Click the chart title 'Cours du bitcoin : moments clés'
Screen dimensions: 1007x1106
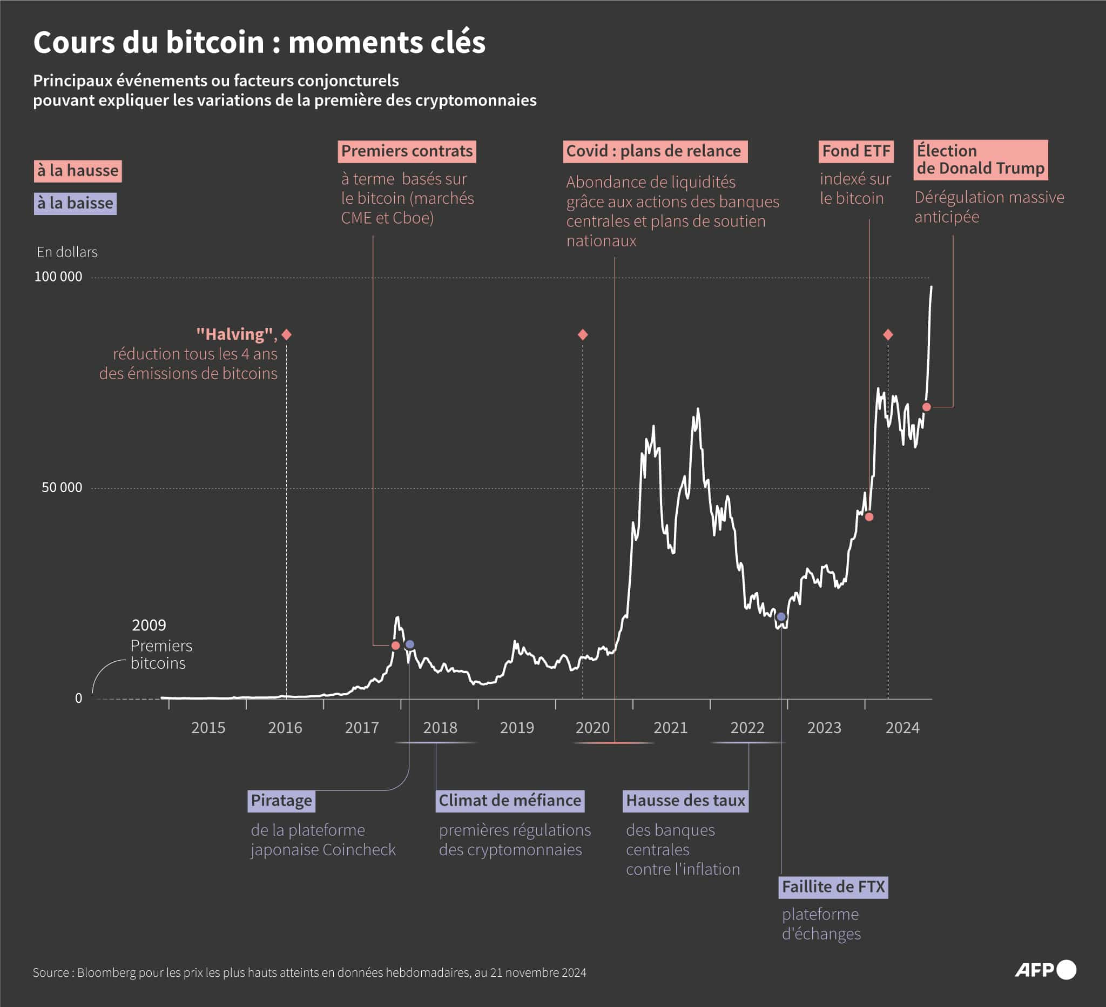[259, 42]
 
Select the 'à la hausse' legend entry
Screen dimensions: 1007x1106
[77, 171]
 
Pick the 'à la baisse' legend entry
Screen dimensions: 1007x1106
[75, 203]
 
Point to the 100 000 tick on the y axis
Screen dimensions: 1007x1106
[58, 277]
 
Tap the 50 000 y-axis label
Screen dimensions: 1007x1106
[62, 487]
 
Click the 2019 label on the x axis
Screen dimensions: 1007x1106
[516, 728]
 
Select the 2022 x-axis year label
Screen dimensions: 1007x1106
[747, 728]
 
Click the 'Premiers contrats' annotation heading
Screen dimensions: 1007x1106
[407, 151]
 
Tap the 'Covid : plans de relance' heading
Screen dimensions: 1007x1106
[654, 151]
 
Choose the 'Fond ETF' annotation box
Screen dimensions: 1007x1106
[856, 151]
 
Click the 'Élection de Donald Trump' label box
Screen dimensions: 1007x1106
[980, 160]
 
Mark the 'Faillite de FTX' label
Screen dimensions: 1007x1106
[833, 887]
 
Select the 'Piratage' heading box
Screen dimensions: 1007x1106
[281, 801]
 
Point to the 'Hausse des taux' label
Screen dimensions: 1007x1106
[685, 801]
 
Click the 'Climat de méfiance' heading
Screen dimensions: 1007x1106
[510, 801]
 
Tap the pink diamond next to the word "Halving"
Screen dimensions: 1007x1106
[286, 334]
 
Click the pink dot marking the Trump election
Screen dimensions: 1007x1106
[927, 407]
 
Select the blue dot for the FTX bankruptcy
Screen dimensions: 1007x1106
[781, 617]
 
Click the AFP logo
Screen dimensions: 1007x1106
[1045, 970]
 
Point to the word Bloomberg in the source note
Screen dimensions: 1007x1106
[106, 972]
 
